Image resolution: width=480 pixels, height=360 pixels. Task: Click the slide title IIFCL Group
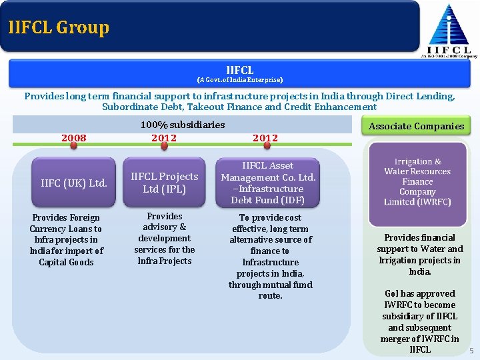point(59,27)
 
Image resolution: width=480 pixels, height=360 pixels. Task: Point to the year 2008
point(74,138)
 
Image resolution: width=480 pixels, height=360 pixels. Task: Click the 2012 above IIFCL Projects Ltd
point(164,138)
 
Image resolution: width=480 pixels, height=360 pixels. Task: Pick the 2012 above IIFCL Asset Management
point(265,138)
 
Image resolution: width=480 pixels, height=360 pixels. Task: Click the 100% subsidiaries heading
point(183,125)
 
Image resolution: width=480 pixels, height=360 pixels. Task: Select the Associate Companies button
point(416,126)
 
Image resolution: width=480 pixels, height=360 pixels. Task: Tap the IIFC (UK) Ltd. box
point(74,183)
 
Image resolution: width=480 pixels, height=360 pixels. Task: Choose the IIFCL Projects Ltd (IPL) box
point(164,183)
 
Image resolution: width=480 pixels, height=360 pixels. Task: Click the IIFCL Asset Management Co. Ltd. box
point(268,183)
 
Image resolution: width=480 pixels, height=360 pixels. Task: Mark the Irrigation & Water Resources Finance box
point(417,181)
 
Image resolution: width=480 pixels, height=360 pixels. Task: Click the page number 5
point(471,351)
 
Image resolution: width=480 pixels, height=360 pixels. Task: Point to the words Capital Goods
point(66,262)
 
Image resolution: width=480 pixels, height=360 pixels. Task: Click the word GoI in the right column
point(392,293)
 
